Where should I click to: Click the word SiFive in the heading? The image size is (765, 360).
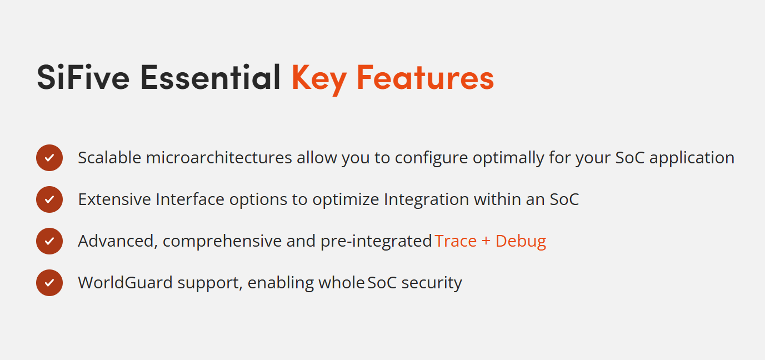pyautogui.click(x=83, y=77)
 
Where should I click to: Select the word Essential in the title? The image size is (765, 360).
pyautogui.click(x=211, y=77)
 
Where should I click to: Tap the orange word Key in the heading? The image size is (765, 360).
pyautogui.click(x=319, y=79)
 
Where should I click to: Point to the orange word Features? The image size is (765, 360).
pyautogui.click(x=425, y=77)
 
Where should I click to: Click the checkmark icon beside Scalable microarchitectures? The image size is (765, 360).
pyautogui.click(x=49, y=158)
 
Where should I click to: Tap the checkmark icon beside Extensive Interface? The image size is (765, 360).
pyautogui.click(x=49, y=199)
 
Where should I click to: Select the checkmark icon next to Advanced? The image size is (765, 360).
pyautogui.click(x=49, y=241)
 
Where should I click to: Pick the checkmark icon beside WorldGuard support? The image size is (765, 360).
pyautogui.click(x=49, y=283)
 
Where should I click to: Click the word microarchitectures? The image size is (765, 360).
pyautogui.click(x=219, y=158)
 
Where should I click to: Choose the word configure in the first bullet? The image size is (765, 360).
pyautogui.click(x=431, y=159)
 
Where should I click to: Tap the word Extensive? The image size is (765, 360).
pyautogui.click(x=114, y=199)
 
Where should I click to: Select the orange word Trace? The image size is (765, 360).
pyautogui.click(x=456, y=241)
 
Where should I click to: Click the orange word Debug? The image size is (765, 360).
pyautogui.click(x=521, y=242)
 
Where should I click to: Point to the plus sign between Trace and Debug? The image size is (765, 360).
pyautogui.click(x=486, y=242)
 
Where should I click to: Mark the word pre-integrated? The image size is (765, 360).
pyautogui.click(x=376, y=242)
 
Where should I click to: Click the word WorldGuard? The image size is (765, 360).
pyautogui.click(x=126, y=283)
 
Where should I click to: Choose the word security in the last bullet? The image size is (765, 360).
pyautogui.click(x=432, y=284)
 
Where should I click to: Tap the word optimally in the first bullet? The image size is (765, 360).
pyautogui.click(x=508, y=159)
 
